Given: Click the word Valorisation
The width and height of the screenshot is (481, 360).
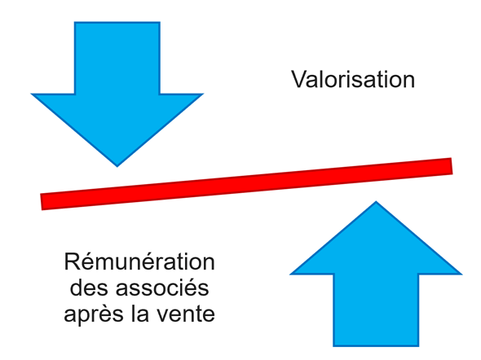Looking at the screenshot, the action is (x=353, y=79).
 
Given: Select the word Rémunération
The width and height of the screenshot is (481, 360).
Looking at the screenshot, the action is (x=139, y=261).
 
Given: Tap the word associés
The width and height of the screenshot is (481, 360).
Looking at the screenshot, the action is (x=162, y=288).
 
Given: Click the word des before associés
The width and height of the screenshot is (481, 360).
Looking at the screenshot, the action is (x=89, y=288).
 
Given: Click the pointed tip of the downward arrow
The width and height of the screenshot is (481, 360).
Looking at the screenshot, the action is (x=117, y=166).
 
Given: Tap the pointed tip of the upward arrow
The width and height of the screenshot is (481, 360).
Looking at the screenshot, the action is (x=376, y=202).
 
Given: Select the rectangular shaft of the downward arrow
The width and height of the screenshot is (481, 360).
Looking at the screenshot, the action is (x=117, y=58).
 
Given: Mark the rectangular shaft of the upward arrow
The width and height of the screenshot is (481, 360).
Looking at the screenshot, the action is (x=376, y=310).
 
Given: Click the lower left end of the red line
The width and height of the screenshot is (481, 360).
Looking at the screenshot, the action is (x=42, y=202).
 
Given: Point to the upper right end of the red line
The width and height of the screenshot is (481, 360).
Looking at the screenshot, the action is (x=452, y=166).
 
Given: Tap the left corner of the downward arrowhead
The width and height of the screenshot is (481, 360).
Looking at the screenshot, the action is (x=31, y=94).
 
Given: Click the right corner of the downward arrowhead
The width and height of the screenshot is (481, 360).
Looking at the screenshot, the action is (x=203, y=94).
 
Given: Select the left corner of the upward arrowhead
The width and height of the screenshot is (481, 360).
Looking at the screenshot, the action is (x=290, y=274).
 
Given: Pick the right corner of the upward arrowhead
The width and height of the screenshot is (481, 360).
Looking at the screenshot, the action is (x=461, y=274).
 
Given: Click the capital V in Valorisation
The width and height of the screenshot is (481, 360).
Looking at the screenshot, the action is (x=299, y=79).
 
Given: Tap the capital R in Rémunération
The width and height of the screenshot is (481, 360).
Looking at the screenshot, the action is (x=72, y=261).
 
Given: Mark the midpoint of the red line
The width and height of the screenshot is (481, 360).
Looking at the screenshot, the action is (x=246, y=184).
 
